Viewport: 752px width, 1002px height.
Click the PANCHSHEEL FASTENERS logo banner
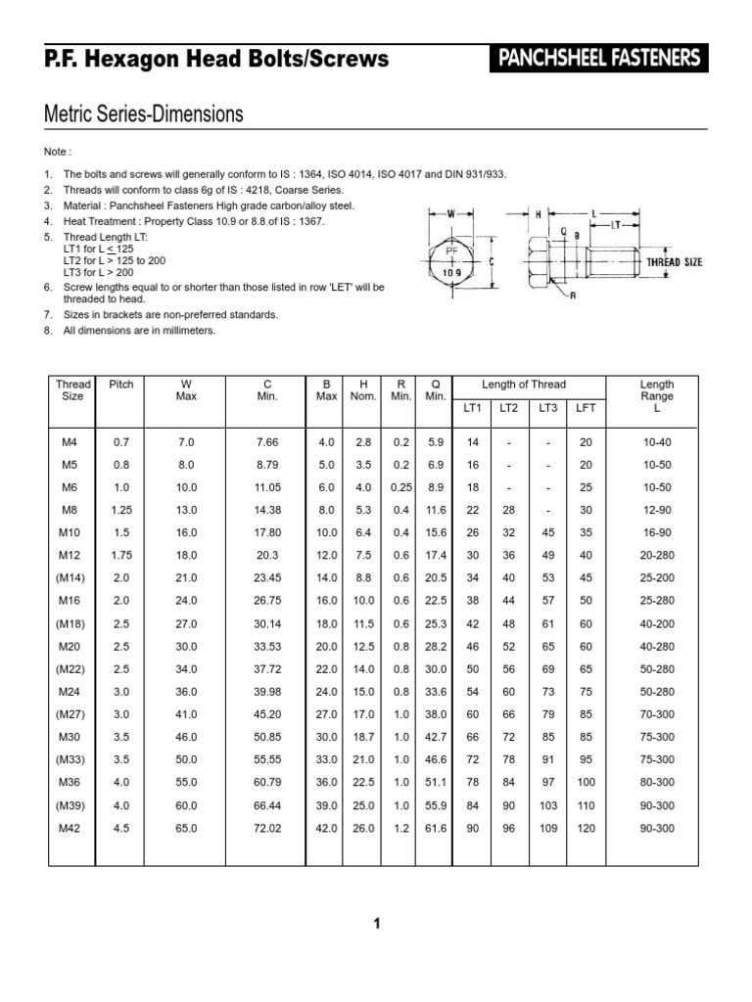(x=598, y=59)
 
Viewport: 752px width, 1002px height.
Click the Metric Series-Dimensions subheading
(x=144, y=114)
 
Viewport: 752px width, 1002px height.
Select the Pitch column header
(x=120, y=385)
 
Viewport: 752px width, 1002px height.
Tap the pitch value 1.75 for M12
(x=120, y=556)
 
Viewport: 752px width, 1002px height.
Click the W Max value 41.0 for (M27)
(x=187, y=714)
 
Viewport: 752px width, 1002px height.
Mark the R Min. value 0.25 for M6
(x=400, y=487)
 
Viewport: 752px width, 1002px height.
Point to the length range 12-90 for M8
(x=656, y=510)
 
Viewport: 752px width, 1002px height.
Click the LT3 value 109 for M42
(x=547, y=828)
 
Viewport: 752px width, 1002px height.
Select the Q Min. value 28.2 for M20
(x=436, y=646)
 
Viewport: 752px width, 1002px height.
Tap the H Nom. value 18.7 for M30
(x=363, y=737)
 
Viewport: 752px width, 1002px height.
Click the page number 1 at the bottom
(x=376, y=923)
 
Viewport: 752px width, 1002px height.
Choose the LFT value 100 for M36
(x=586, y=783)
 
